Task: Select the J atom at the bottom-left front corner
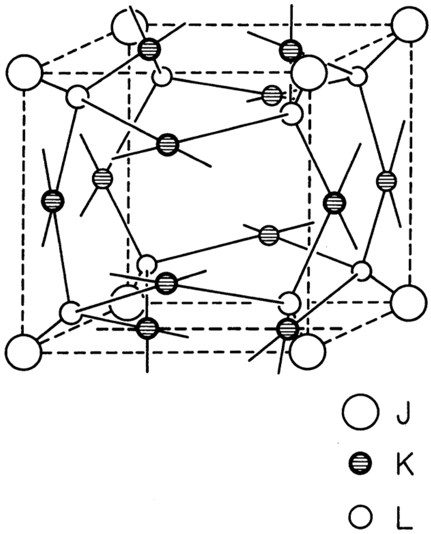tap(24, 352)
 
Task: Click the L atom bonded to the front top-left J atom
tap(77, 96)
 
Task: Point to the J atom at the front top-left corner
tap(24, 72)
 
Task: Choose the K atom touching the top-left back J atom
tap(149, 49)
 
